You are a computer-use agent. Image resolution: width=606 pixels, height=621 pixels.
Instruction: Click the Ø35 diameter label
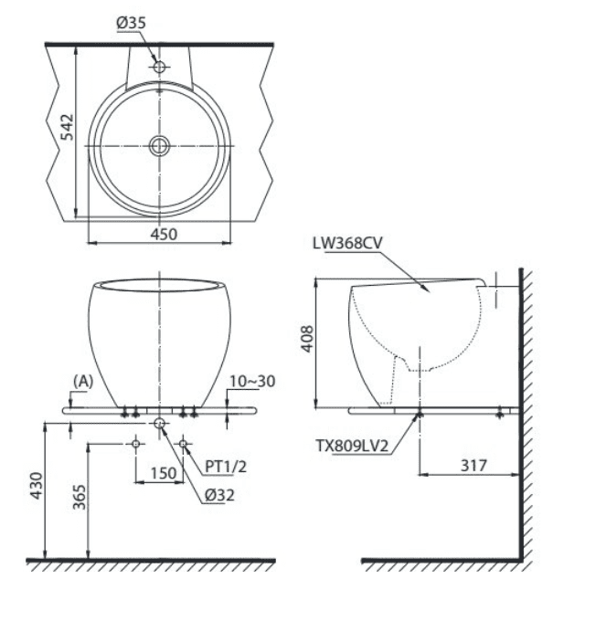pos(132,23)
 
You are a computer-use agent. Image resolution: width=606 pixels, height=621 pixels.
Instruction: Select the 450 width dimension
pos(164,234)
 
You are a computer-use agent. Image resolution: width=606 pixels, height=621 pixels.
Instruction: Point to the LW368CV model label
pos(347,243)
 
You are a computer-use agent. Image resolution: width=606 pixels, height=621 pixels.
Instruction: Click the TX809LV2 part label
pos(352,446)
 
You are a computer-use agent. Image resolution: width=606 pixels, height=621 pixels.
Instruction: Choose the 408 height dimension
pos(307,339)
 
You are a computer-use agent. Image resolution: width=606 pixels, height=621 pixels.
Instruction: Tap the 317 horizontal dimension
pos(473,466)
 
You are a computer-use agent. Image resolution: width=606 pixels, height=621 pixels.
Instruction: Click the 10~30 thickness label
pos(252,381)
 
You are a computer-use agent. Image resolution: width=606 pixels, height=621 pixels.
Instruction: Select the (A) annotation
pos(83,381)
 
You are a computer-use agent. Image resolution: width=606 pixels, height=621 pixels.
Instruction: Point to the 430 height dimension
pos(37,486)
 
